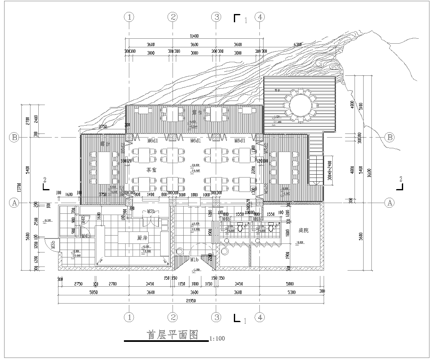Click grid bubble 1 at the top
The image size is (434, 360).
coord(129,17)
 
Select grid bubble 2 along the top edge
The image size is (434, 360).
coord(172,17)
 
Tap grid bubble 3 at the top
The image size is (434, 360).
coord(216,17)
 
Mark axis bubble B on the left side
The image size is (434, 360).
coord(13,137)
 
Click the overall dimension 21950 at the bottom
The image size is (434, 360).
coord(190,299)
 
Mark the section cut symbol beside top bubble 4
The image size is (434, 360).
coord(238,18)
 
